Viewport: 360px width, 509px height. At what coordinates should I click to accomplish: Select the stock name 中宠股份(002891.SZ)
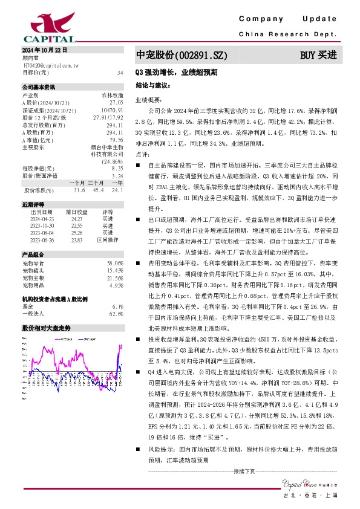click(x=181, y=56)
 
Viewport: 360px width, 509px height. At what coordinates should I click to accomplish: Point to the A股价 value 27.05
click(x=117, y=103)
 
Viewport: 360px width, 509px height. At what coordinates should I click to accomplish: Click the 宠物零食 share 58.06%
click(x=115, y=264)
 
